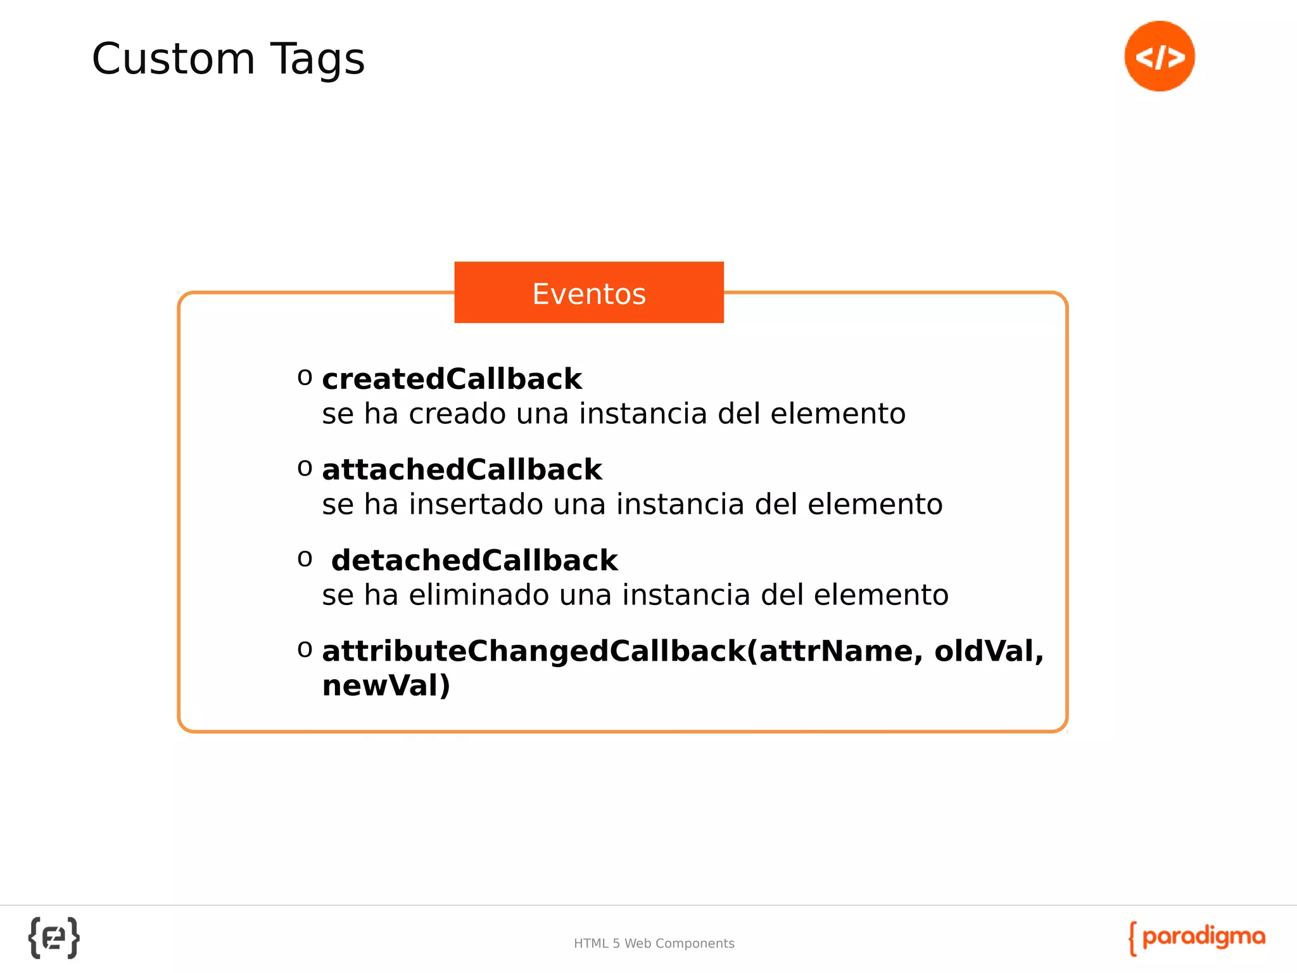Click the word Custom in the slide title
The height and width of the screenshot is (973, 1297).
coord(173,59)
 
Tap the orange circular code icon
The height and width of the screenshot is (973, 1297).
coord(1159,56)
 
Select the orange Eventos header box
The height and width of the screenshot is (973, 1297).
coord(588,293)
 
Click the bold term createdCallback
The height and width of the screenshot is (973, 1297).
coord(452,379)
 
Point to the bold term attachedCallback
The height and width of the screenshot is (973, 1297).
coord(462,469)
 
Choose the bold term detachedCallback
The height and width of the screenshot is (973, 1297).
coord(474,560)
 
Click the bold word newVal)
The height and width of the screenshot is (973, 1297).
coord(386,685)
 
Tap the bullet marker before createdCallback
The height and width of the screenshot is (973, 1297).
coord(305,378)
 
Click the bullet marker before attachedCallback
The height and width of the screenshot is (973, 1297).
coord(305,468)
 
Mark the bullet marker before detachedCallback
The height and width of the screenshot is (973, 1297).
coord(305,559)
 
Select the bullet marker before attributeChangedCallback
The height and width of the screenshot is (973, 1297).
coord(305,649)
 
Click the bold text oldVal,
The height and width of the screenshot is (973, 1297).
coord(989,651)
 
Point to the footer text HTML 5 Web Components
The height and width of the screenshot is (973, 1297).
coord(654,943)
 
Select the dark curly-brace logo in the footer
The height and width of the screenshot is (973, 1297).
coord(54,938)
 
